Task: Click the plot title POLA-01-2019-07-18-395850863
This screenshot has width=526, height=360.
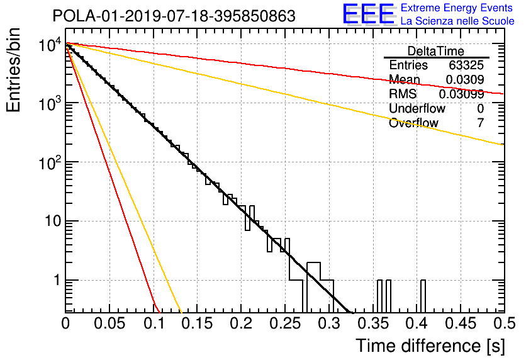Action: (x=174, y=16)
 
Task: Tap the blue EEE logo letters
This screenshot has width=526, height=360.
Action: (x=368, y=14)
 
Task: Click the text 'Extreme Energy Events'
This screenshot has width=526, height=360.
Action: (x=457, y=8)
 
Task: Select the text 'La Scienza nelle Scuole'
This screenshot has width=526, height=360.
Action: (x=457, y=21)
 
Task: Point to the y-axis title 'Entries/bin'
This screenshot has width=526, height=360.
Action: (x=13, y=70)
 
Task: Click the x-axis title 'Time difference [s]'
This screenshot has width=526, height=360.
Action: (x=430, y=346)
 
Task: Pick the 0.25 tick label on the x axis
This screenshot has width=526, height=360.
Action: (x=285, y=323)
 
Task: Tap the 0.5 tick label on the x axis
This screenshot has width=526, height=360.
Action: (x=505, y=323)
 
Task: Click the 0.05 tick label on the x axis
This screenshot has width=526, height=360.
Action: (x=109, y=323)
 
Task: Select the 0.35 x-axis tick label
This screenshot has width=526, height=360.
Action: (x=373, y=323)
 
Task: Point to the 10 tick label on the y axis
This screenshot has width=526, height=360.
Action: (x=53, y=221)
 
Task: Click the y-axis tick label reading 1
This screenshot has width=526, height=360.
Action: (x=57, y=280)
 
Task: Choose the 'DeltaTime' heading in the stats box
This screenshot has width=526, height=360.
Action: (x=436, y=51)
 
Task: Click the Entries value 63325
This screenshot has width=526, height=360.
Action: (x=466, y=65)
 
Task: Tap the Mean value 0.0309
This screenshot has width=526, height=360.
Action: (x=465, y=79)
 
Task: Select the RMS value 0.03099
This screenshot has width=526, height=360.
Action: (x=462, y=94)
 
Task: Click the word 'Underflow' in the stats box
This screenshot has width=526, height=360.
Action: (x=417, y=108)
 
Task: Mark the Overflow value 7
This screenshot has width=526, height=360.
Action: (x=481, y=123)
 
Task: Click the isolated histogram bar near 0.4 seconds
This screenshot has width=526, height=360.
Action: (x=423, y=296)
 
